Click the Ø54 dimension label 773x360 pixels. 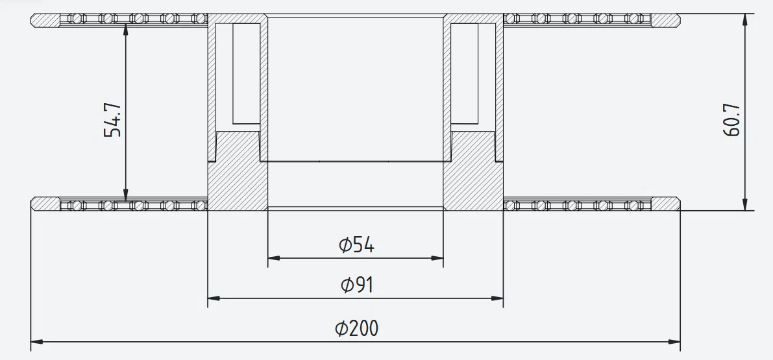(356, 245)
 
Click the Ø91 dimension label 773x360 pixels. (356, 285)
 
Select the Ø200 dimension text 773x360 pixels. (356, 329)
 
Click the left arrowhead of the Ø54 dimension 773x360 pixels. (273, 258)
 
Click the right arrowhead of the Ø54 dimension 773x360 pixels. (438, 258)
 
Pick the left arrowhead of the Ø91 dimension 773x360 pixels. (213, 298)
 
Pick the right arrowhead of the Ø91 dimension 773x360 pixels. (498, 298)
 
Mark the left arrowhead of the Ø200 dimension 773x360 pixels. (36, 341)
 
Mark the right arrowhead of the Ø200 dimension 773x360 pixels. (675, 341)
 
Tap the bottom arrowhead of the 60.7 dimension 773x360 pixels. (744, 205)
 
